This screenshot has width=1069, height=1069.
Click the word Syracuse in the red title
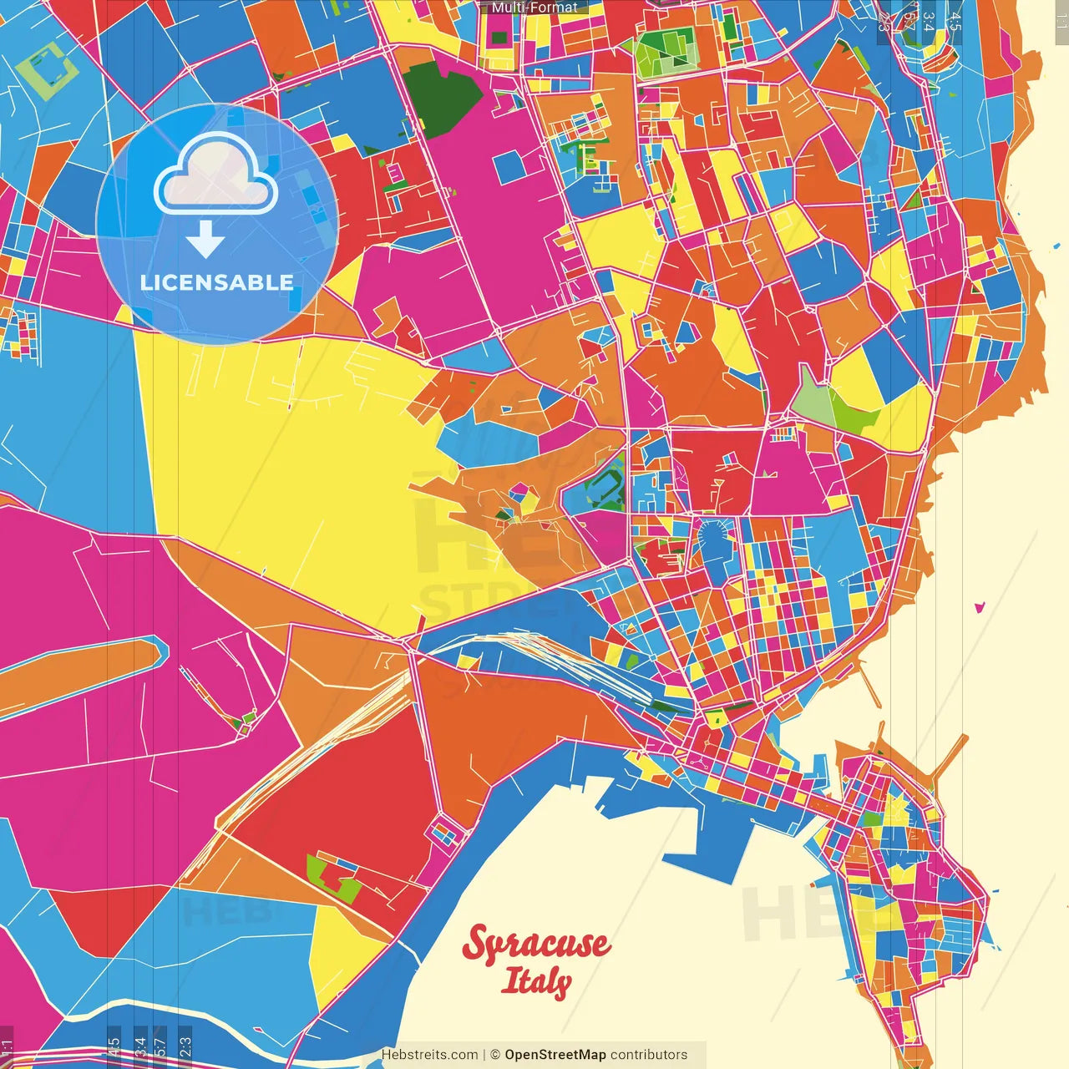pyautogui.click(x=535, y=945)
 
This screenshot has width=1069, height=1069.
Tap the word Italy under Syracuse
pyautogui.click(x=536, y=981)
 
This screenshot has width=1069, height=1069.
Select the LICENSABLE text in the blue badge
pyautogui.click(x=217, y=282)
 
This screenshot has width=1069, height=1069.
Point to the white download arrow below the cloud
pyautogui.click(x=205, y=240)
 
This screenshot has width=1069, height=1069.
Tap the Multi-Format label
pyautogui.click(x=534, y=8)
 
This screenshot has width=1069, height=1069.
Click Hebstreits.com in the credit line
pyautogui.click(x=429, y=1055)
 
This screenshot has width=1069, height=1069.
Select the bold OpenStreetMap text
pyautogui.click(x=555, y=1055)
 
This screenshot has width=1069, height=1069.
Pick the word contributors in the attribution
pyautogui.click(x=649, y=1055)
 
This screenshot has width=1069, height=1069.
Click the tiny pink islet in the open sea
pyautogui.click(x=980, y=607)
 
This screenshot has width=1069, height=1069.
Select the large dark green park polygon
pyautogui.click(x=443, y=96)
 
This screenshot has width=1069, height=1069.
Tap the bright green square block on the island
pyautogui.click(x=873, y=819)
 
